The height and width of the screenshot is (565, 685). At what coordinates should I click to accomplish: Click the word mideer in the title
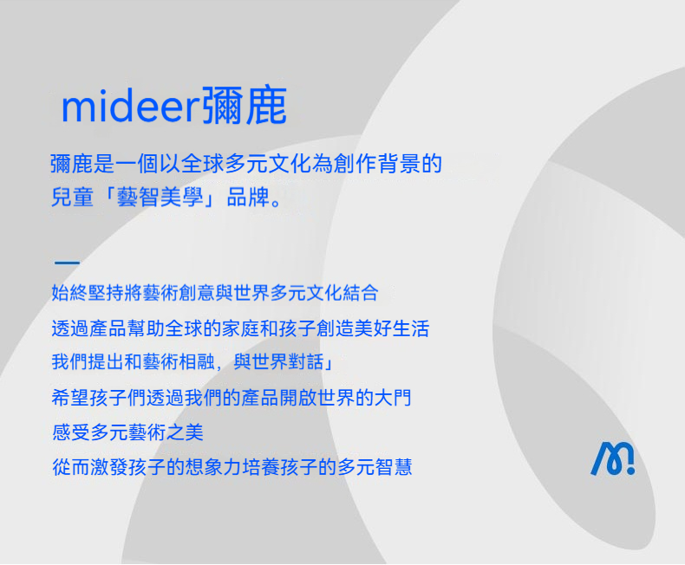131,106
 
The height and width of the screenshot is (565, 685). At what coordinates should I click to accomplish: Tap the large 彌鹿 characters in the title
245,105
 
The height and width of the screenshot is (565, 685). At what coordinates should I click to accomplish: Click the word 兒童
73,197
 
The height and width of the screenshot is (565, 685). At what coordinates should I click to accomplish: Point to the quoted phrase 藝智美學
160,197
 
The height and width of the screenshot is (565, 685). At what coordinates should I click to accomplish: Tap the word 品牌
248,197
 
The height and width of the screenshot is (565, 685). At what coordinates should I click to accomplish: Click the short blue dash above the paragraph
67,263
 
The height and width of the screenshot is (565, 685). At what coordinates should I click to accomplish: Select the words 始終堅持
88,293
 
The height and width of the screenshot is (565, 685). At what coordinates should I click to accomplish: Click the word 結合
361,293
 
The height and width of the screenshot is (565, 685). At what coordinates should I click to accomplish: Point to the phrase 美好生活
392,328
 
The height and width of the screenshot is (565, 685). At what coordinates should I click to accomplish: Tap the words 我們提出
88,361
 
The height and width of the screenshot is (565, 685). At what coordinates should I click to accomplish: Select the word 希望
70,398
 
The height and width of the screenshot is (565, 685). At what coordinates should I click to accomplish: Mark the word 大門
393,398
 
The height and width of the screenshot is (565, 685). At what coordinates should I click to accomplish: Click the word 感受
71,432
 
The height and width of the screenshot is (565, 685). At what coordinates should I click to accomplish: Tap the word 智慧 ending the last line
394,467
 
